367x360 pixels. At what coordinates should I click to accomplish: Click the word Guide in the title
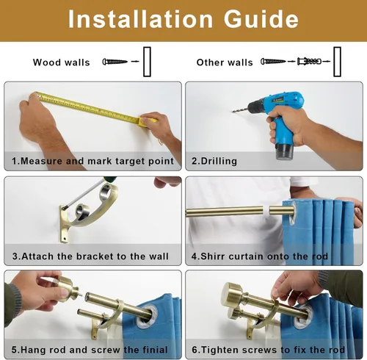(x=261, y=19)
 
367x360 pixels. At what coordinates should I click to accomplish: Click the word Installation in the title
(x=140, y=19)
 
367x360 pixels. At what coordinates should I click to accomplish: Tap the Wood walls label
(x=62, y=62)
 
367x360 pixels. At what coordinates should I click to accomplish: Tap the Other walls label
(x=225, y=62)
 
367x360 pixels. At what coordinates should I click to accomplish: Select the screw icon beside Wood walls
(x=115, y=62)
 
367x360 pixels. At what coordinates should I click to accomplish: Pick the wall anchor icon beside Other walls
(x=309, y=61)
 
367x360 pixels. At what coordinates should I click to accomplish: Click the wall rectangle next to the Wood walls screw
(x=147, y=62)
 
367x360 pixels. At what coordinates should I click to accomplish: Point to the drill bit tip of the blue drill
(x=232, y=112)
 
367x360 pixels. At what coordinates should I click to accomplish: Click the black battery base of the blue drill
(x=285, y=151)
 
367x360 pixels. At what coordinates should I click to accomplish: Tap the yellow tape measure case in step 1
(x=148, y=122)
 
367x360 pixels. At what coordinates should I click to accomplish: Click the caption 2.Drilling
(x=214, y=161)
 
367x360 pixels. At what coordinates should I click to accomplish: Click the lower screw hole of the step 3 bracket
(x=65, y=237)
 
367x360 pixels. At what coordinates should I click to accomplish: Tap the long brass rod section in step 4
(x=225, y=212)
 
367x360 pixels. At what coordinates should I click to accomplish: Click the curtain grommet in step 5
(x=147, y=316)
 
